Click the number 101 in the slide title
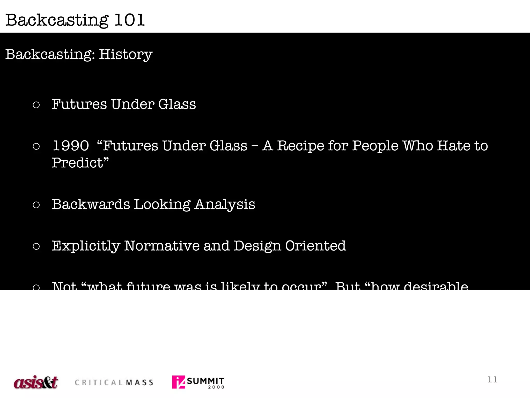click(129, 20)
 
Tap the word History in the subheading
click(126, 54)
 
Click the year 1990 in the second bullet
click(71, 146)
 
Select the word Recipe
click(300, 146)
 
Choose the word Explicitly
click(86, 246)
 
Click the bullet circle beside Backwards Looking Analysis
click(36, 205)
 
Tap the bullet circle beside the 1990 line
click(36, 146)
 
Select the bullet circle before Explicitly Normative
click(36, 246)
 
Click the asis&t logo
click(36, 382)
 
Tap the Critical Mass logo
click(114, 382)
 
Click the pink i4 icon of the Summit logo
click(179, 382)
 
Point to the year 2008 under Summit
click(216, 387)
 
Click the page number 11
click(492, 380)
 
